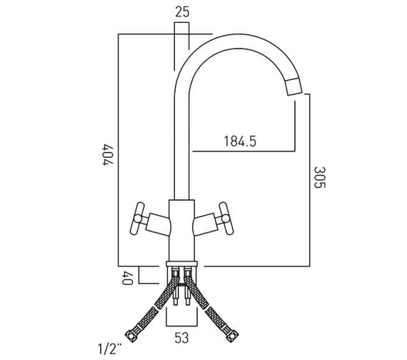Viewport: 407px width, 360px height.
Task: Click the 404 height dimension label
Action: tap(108, 155)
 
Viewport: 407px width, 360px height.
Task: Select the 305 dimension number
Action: tap(319, 177)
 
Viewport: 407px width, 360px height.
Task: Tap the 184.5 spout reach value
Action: tap(240, 141)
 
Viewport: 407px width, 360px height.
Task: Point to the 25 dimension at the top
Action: tap(182, 12)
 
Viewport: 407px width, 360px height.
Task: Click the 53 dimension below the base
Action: tap(181, 338)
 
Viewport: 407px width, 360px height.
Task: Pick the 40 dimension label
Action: tap(127, 278)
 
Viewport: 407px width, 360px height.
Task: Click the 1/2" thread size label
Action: tap(110, 349)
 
